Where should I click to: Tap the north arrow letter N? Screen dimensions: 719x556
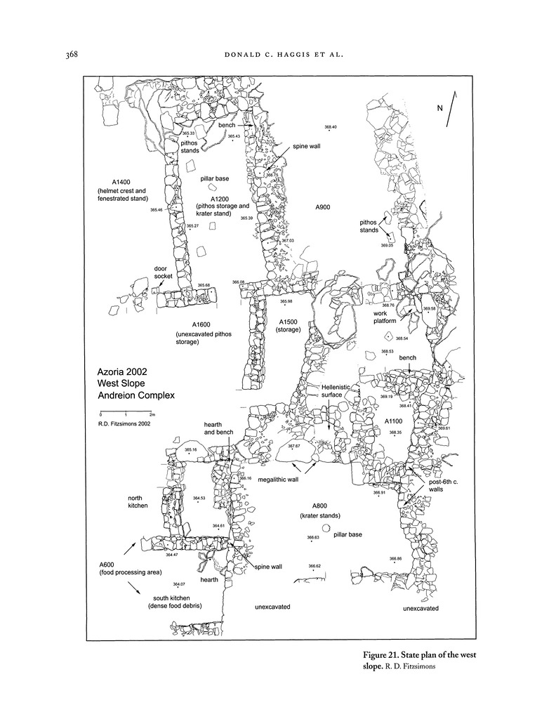[440, 108]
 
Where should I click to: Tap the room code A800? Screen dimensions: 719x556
[315, 505]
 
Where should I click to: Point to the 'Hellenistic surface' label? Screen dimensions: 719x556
[331, 391]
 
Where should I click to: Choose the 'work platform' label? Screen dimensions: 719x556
[385, 316]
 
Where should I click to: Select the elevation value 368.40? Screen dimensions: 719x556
[331, 127]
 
